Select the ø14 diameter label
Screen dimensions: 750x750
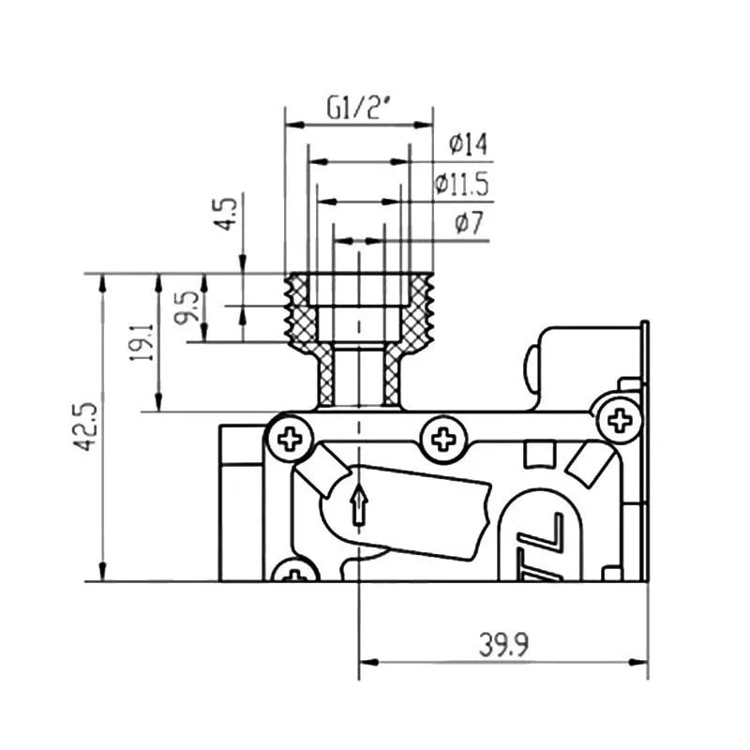(x=468, y=144)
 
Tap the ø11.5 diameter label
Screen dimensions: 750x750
(x=462, y=184)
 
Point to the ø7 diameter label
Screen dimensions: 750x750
(x=470, y=223)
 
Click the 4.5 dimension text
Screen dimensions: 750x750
(x=225, y=214)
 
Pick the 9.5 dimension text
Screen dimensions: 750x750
(x=187, y=307)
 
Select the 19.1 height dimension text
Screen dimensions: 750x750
(x=142, y=342)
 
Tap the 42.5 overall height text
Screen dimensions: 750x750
(x=85, y=427)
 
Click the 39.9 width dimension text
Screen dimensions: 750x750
(x=504, y=644)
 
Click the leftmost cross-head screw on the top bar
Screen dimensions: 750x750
(x=290, y=438)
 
